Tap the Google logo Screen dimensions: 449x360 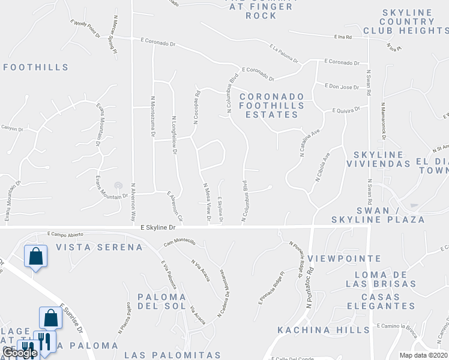pyautogui.click(x=20, y=353)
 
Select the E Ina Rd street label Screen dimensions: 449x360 pyautogui.click(x=343, y=37)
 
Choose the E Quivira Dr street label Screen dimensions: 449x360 pyautogui.click(x=346, y=110)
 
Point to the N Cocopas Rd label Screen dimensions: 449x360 pyautogui.click(x=196, y=107)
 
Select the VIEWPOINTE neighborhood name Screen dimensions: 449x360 pyautogui.click(x=336, y=258)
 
